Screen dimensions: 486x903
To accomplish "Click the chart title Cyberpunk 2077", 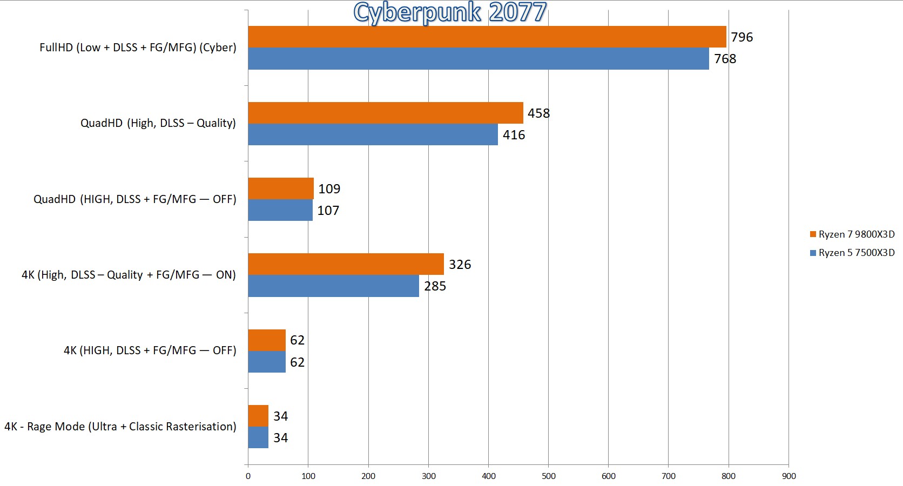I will [x=449, y=12].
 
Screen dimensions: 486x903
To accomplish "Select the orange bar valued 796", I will [x=486, y=37].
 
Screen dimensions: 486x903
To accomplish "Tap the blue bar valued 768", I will [x=478, y=58].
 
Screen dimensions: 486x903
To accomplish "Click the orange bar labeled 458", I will [x=385, y=113].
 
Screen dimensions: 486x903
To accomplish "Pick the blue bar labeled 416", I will [x=373, y=134].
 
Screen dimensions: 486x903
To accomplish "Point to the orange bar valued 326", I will [x=346, y=264].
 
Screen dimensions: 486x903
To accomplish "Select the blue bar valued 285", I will [x=333, y=286].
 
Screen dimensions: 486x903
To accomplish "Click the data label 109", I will [x=329, y=189].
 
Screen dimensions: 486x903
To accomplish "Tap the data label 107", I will [x=328, y=211].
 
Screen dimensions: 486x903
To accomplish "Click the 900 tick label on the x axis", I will [x=789, y=476].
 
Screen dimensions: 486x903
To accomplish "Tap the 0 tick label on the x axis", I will [x=248, y=476].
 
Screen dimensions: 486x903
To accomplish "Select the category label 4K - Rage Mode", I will [x=120, y=427].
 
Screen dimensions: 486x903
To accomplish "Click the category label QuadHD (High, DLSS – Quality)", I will [x=158, y=123].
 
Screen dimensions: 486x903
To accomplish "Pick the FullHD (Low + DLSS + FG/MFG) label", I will [x=138, y=48].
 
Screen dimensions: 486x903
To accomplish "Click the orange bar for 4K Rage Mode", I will [x=258, y=416].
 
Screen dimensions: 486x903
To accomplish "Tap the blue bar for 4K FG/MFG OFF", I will [x=267, y=362].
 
